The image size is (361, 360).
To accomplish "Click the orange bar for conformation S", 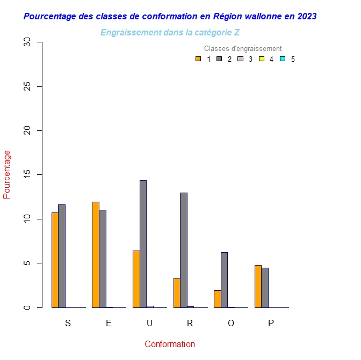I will pos(55,260).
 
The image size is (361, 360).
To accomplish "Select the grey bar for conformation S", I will pos(62,256).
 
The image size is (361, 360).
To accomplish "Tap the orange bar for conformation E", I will pos(96,255).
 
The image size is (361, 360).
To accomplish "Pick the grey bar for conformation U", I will pos(143,244).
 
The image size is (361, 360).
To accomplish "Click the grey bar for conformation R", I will pos(184,250).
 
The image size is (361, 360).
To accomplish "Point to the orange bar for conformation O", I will pos(218,299).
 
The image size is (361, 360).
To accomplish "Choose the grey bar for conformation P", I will pos(265,288).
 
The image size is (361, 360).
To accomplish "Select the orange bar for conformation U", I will pos(136,279).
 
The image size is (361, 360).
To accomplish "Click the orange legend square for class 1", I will pos(198,59).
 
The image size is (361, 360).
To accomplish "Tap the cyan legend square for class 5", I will pos(282,59).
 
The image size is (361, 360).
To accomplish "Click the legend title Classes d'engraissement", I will pos(243,49).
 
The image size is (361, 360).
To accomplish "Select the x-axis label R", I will pos(190,323).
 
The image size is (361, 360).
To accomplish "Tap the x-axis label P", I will pos(271,323).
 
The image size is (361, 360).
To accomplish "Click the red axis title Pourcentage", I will pos(7,175).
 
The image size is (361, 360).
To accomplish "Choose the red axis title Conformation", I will pos(170,344).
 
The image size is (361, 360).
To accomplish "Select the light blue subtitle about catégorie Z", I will pos(170,33).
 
